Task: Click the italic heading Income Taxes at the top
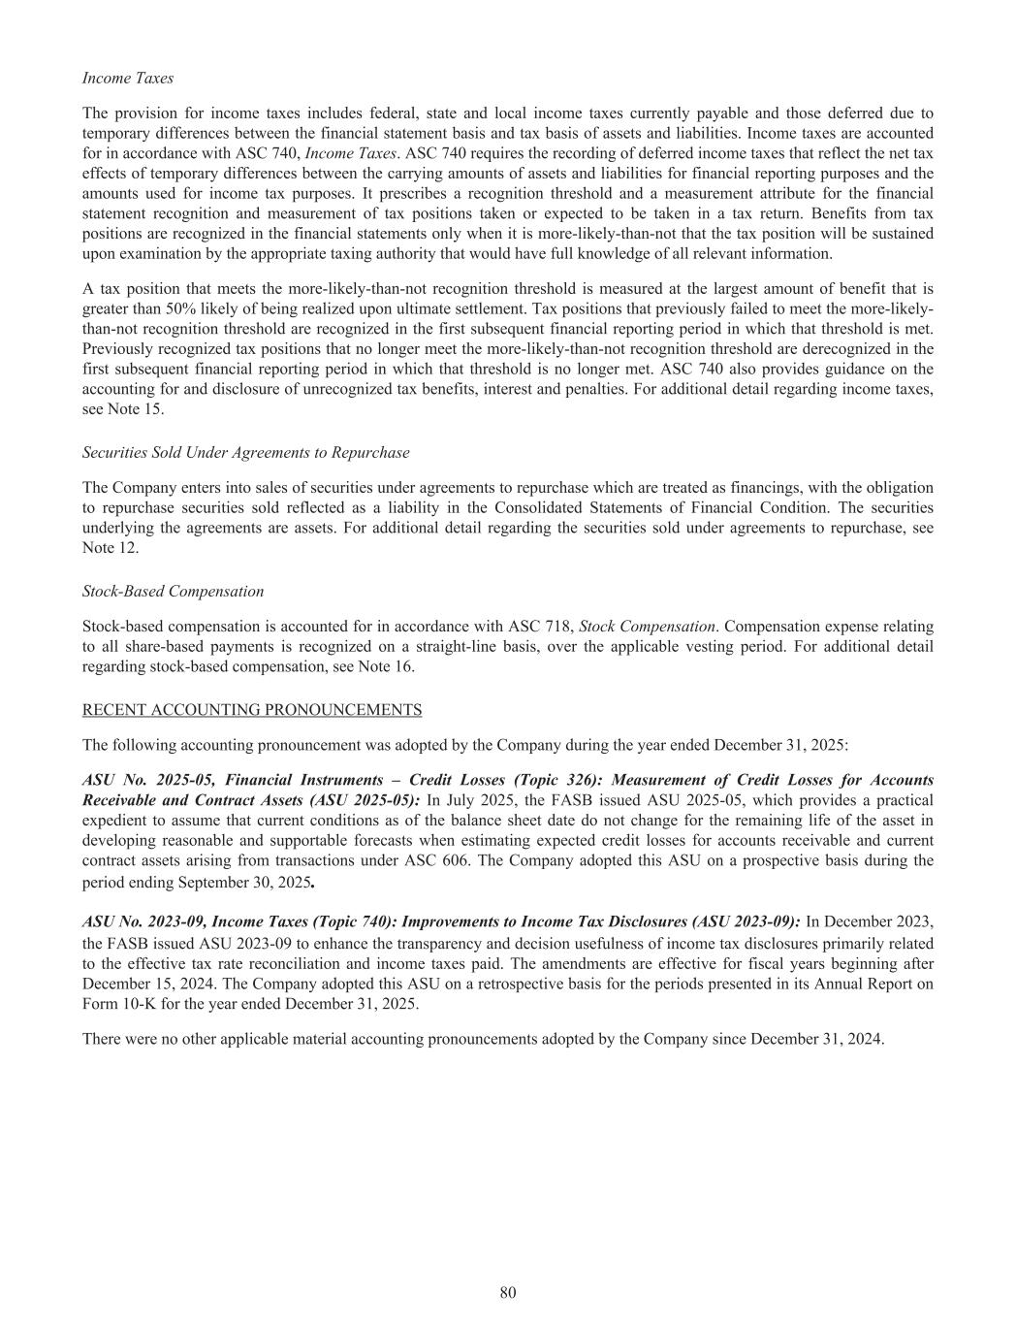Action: pos(128,78)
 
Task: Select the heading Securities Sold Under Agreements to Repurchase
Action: pos(245,452)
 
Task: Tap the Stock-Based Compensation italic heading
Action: pos(173,591)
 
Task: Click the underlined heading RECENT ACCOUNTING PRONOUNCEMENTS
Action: pos(252,710)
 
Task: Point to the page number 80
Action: pos(508,1292)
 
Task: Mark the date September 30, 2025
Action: pos(249,883)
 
